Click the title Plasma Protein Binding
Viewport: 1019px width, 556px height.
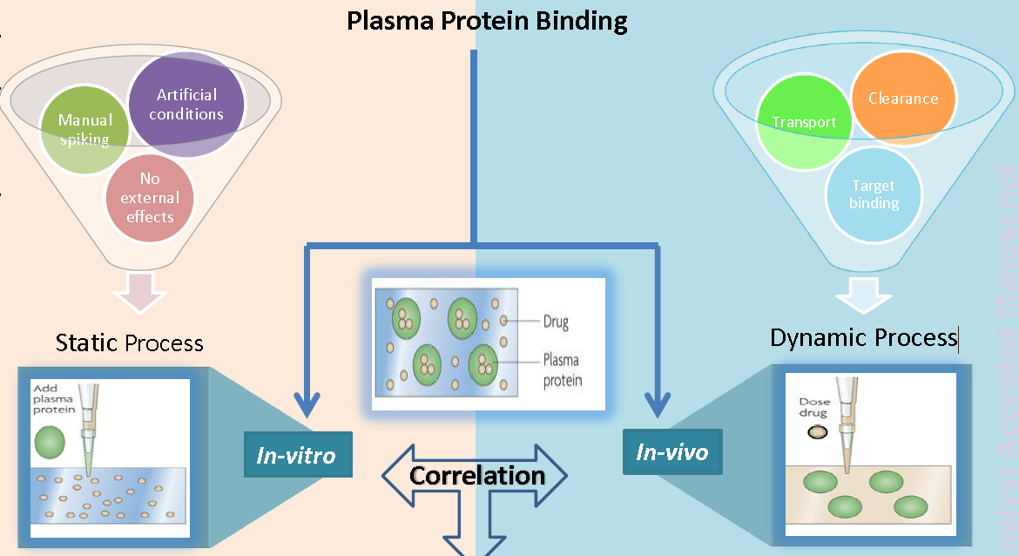[487, 20]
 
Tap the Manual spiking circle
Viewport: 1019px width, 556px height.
[86, 130]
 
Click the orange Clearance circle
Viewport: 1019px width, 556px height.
[902, 98]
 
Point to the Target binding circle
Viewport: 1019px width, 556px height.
[874, 194]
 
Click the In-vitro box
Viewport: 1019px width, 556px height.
[297, 454]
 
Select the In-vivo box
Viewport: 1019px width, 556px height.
[671, 451]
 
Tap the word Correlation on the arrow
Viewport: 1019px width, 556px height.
[476, 476]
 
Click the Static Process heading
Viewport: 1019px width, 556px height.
[129, 342]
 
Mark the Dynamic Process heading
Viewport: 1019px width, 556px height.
[863, 337]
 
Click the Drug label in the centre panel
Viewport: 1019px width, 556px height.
[556, 322]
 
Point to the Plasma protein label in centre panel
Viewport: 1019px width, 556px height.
[562, 370]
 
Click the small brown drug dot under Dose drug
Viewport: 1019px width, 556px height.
[817, 432]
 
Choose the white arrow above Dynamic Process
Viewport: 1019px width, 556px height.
[865, 295]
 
